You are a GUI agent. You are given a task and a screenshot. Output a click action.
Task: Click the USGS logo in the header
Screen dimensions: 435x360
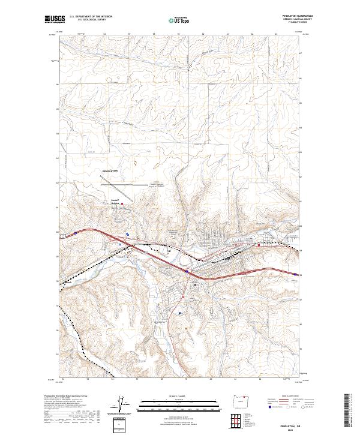55,19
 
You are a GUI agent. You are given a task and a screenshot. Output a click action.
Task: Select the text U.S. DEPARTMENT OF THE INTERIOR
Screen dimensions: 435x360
91,16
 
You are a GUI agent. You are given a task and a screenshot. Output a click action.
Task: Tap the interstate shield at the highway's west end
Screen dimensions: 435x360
76,231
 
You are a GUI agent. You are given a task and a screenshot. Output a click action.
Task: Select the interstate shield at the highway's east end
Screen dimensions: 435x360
295,275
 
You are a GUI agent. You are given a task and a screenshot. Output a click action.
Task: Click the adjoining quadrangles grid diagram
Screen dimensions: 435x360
241,416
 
